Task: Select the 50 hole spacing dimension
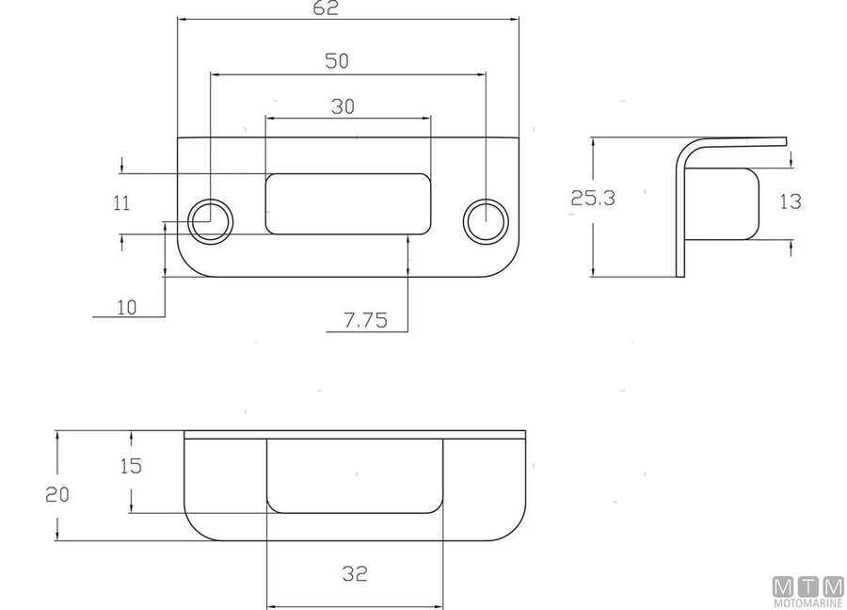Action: tap(337, 61)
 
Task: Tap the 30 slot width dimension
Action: tap(344, 106)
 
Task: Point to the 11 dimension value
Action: tap(121, 202)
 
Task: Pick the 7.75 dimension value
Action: tap(365, 320)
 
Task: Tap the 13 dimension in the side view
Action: tap(791, 202)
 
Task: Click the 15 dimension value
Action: tap(131, 466)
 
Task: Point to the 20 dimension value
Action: tap(58, 494)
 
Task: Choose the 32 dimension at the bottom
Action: tap(355, 572)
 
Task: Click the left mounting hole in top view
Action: tap(211, 221)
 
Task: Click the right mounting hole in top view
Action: tap(487, 221)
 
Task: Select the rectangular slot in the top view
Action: tap(348, 203)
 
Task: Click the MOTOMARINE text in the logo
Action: tap(808, 602)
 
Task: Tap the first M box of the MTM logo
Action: tap(784, 586)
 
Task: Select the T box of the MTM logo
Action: tap(808, 586)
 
